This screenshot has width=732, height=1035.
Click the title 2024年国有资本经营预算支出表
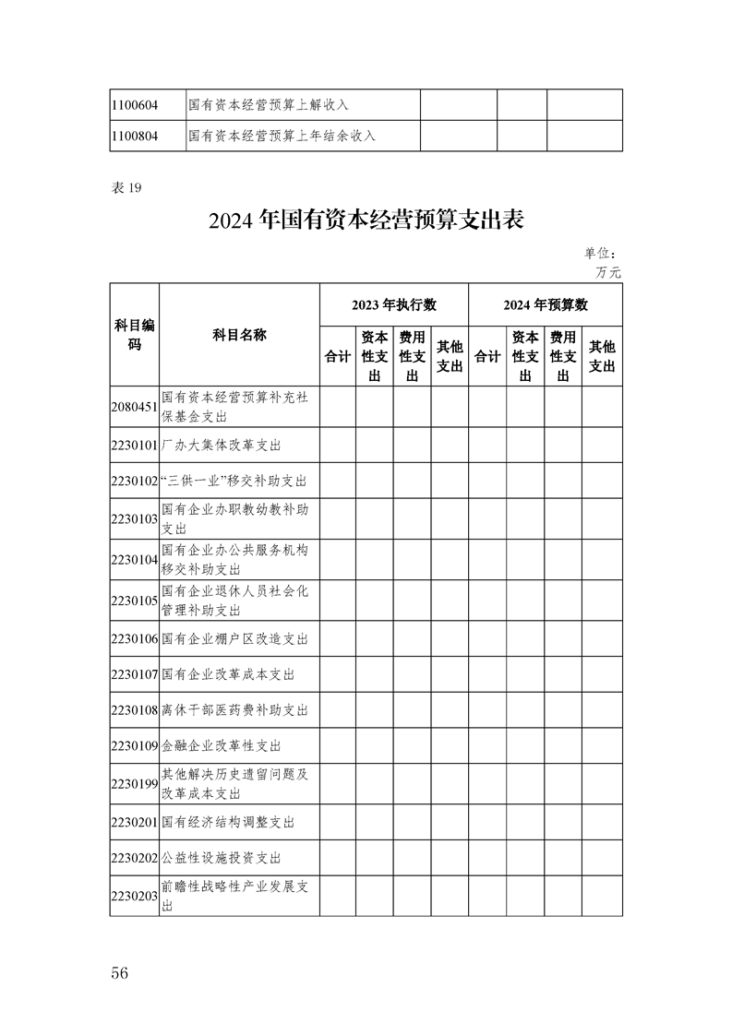[x=366, y=221]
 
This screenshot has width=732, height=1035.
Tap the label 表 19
[x=126, y=188]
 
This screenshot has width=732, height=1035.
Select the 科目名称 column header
[x=239, y=335]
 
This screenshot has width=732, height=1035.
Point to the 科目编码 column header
[x=134, y=335]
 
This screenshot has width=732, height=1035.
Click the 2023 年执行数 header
[x=393, y=304]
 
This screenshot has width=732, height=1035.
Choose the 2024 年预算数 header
[x=546, y=304]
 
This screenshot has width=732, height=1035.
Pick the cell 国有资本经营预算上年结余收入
[x=282, y=136]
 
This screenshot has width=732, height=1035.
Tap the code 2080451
[x=134, y=407]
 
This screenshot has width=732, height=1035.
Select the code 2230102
[x=134, y=482]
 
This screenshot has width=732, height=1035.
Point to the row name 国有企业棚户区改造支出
[x=234, y=638]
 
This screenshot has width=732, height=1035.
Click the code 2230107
[x=134, y=675]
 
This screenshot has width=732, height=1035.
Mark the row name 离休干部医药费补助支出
[x=234, y=710]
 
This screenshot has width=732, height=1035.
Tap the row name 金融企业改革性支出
[x=221, y=745]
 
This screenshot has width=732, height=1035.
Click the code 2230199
[x=134, y=784]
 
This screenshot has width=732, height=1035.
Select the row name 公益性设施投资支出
[x=221, y=858]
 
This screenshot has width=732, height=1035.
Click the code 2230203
[x=134, y=896]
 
